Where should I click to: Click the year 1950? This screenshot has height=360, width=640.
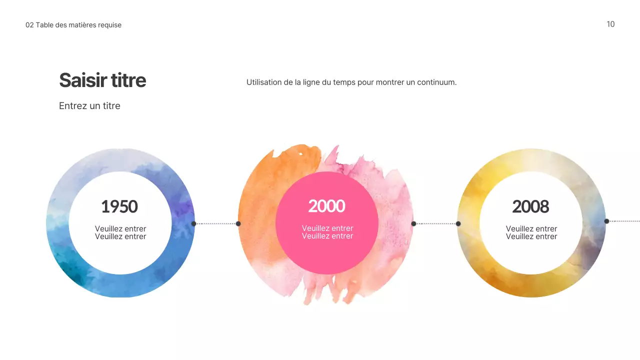coord(119,206)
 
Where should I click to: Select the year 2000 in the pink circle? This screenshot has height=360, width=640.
coord(326,206)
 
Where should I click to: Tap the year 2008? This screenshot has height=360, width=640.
coord(530,206)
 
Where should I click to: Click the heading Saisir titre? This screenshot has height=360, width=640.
coord(102,80)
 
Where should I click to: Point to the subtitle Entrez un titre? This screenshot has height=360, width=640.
coord(89,106)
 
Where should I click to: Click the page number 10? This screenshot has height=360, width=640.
coord(610,24)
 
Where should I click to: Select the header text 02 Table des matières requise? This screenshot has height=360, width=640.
coord(73,25)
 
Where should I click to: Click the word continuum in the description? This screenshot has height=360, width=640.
coord(437,82)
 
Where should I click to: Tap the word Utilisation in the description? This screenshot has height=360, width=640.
coord(263,82)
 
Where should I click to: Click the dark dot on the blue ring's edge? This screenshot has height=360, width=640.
coord(193,223)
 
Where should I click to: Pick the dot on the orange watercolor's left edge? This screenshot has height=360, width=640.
coord(238,223)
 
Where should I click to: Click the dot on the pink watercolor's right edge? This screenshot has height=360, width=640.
coord(413,223)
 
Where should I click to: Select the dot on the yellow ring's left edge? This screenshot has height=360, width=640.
coord(458,223)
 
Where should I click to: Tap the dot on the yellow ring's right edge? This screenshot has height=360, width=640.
coord(606,221)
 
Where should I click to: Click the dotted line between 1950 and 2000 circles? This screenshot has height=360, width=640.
coord(216,223)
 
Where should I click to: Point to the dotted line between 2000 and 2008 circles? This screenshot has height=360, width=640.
coord(436,223)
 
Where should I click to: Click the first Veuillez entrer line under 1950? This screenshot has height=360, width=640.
coord(120,229)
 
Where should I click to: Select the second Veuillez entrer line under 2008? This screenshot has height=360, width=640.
coord(531,236)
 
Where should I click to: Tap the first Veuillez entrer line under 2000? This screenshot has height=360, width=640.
coord(327,228)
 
